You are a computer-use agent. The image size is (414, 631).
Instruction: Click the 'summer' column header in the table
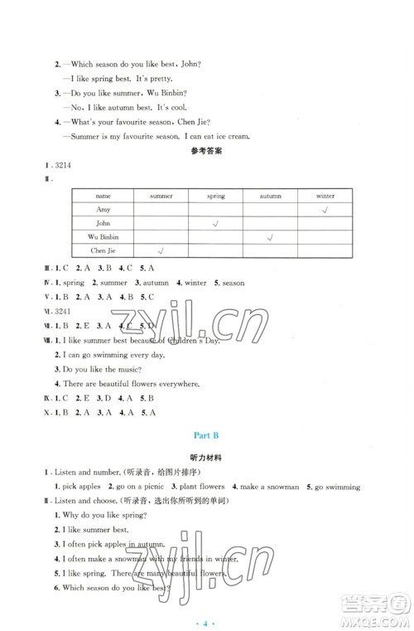point(161,196)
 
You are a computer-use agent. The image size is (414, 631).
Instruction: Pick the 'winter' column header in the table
point(325,196)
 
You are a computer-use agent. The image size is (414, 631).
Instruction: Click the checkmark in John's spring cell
point(215,224)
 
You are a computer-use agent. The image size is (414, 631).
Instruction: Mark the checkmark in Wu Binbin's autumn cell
point(270,238)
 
